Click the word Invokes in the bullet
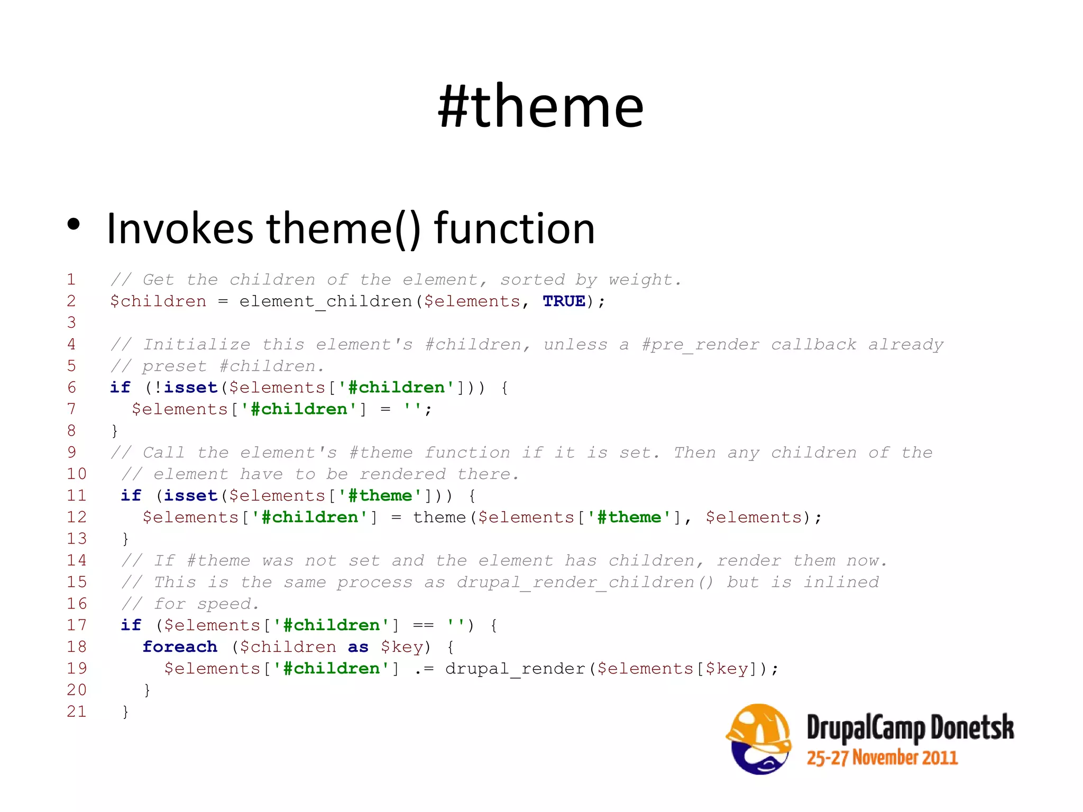180,228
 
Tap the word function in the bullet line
514,228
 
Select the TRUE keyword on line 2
564,301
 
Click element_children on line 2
325,302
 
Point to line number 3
71,322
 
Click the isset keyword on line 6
190,387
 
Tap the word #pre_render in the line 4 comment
700,345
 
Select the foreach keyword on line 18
180,647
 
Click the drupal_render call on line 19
515,669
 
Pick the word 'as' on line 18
358,647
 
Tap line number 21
77,712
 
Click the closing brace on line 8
115,431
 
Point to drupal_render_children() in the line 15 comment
585,583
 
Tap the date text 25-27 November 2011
882,758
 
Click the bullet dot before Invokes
74,224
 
